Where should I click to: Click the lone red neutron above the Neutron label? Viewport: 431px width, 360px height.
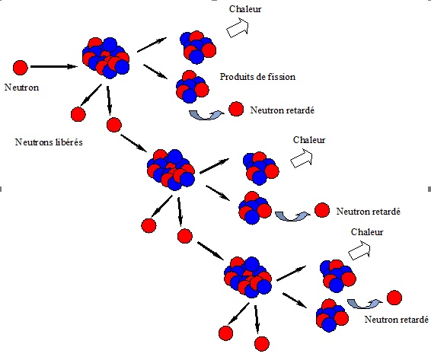click(x=21, y=68)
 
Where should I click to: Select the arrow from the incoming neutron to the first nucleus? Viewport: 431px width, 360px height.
click(x=53, y=66)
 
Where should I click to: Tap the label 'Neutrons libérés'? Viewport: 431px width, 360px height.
click(x=49, y=142)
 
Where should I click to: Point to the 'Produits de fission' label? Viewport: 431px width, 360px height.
click(x=257, y=76)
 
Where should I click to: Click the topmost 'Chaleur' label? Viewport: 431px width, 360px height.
click(x=245, y=9)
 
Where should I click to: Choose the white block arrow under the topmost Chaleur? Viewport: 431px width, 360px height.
click(x=238, y=27)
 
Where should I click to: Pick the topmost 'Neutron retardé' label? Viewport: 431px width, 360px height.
click(x=283, y=110)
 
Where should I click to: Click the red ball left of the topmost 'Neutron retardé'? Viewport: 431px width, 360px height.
click(x=236, y=109)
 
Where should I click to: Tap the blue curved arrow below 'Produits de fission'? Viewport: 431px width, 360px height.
click(x=206, y=115)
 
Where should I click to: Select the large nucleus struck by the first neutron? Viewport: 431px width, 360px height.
click(x=106, y=58)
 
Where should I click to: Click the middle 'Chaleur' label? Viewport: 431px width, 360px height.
click(x=309, y=140)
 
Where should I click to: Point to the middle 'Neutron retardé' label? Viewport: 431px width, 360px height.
click(x=369, y=212)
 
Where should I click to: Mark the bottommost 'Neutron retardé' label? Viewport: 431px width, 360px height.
click(x=397, y=320)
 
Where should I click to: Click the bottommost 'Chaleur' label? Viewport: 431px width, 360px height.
click(x=367, y=232)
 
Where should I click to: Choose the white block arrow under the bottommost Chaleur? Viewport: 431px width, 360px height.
click(x=359, y=250)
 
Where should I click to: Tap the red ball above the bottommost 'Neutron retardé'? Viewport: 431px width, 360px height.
click(x=394, y=298)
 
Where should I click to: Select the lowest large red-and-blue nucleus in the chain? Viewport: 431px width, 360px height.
click(x=248, y=277)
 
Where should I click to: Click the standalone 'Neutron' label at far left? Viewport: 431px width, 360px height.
click(x=22, y=88)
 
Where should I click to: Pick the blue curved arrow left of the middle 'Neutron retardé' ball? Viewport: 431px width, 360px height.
click(x=292, y=216)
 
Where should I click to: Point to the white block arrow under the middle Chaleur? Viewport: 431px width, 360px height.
click(x=302, y=158)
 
